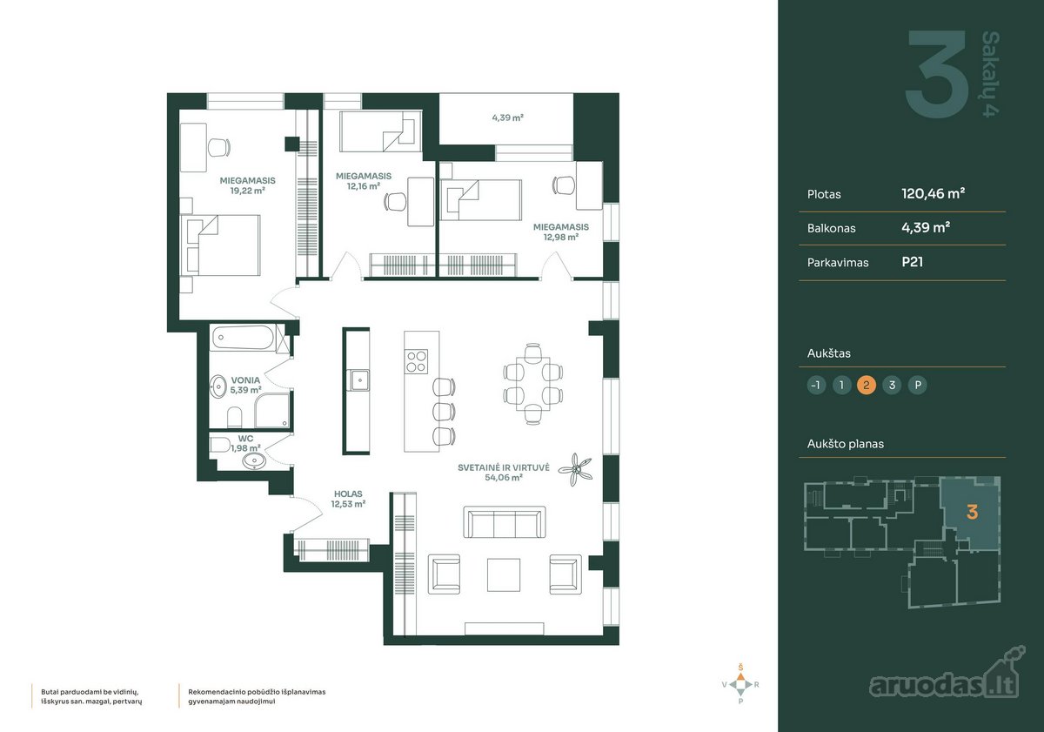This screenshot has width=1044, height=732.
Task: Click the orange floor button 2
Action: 867,385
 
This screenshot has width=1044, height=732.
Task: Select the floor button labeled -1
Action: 816,385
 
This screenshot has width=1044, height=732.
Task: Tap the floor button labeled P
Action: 918,385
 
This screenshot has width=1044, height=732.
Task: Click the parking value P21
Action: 912,262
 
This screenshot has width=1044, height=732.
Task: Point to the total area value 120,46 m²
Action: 933,193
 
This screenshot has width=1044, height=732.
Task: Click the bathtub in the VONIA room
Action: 243,337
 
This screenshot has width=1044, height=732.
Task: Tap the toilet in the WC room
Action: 219,444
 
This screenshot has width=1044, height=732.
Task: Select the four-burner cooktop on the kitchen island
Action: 417,361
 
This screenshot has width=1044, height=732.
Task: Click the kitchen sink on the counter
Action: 359,379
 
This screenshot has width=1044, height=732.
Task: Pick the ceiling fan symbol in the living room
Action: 576,469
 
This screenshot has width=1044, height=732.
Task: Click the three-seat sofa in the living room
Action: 505,521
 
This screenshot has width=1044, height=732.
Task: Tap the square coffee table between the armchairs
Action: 504,574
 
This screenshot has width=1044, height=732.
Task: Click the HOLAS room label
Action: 348,494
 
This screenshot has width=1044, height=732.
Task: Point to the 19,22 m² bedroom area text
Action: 247,191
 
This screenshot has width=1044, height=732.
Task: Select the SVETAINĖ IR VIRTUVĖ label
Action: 504,467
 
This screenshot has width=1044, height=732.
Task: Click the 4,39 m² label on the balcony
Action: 507,118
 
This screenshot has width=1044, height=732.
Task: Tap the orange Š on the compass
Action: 740,668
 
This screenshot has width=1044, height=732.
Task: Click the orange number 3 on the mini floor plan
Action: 973,513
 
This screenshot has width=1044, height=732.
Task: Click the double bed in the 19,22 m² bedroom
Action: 220,245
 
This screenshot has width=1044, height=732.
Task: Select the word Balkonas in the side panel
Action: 831,228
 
